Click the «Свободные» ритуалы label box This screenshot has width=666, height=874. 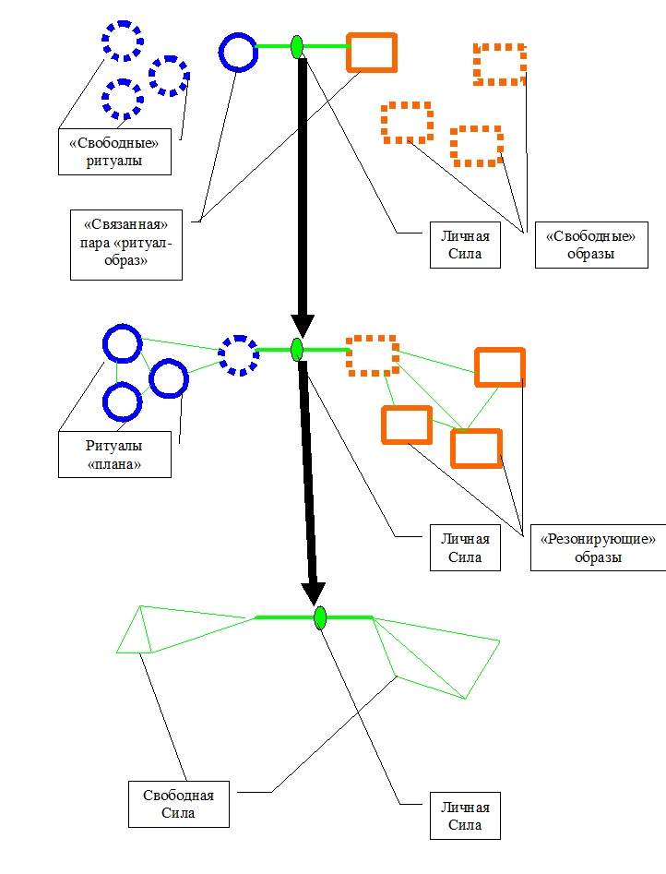[x=115, y=151]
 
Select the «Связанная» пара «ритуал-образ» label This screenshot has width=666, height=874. [x=126, y=245]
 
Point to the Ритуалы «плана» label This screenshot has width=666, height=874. [x=114, y=454]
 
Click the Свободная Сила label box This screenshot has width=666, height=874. [x=179, y=803]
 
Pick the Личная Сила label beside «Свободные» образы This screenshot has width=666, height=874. [x=465, y=245]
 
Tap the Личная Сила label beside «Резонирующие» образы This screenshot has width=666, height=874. [x=465, y=547]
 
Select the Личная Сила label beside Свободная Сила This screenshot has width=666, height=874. [x=465, y=815]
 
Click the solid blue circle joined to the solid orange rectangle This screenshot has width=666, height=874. [x=238, y=52]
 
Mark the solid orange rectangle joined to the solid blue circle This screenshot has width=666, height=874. [x=372, y=53]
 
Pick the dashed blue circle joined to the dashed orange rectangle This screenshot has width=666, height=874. [x=239, y=354]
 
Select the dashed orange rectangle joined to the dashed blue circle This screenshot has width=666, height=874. [x=373, y=355]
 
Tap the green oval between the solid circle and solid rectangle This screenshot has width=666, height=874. [x=297, y=46]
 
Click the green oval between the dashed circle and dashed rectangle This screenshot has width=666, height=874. [x=297, y=350]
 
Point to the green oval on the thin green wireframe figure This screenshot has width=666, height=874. [x=320, y=617]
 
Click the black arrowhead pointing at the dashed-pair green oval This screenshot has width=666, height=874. [x=303, y=326]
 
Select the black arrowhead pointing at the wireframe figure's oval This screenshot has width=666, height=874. [x=315, y=592]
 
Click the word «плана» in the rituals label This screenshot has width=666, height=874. [x=114, y=464]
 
